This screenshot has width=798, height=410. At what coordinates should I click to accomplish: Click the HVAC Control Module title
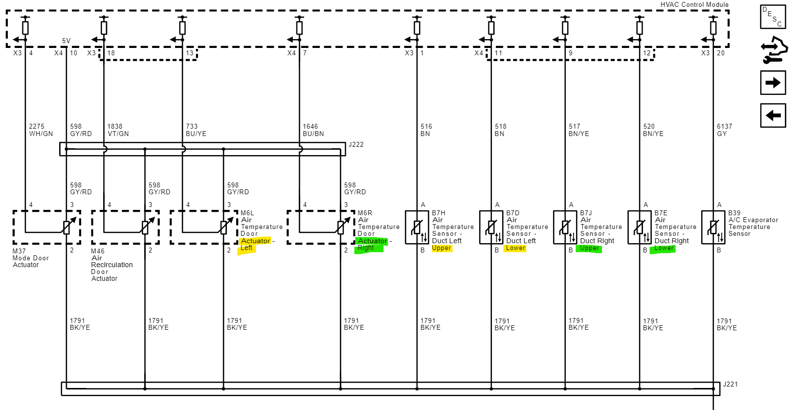tap(694, 4)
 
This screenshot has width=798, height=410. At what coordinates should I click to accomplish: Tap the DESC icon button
tap(773, 17)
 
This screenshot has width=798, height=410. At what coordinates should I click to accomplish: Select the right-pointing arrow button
tap(773, 83)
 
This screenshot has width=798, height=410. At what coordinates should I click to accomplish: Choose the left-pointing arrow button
tap(773, 115)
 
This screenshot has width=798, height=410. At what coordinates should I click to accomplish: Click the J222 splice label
tap(355, 145)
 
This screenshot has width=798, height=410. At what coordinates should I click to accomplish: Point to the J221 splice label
tap(730, 385)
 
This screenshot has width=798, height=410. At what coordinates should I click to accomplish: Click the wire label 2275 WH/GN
tap(41, 130)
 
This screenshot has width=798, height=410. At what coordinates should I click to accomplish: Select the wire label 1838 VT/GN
tap(118, 130)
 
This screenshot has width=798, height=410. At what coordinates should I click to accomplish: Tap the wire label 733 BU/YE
tap(196, 130)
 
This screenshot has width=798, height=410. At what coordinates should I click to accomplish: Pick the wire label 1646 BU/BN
tap(313, 130)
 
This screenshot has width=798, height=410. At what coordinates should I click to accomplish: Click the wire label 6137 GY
tap(724, 130)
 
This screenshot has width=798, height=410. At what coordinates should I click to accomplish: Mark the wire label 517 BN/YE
tap(578, 130)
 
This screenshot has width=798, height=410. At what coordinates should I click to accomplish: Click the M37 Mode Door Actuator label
tap(30, 258)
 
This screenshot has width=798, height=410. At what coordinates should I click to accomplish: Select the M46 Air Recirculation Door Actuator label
tap(111, 265)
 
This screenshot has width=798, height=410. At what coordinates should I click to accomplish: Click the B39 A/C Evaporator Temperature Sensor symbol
tap(713, 227)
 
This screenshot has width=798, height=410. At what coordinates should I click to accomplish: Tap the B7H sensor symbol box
tap(417, 227)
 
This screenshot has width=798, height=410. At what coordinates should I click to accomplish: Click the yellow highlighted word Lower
tap(515, 248)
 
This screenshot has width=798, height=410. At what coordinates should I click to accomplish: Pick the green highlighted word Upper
tap(589, 248)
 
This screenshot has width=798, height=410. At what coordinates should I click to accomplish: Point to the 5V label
tap(66, 41)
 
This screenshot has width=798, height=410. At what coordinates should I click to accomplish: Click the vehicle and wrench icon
tap(774, 50)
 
